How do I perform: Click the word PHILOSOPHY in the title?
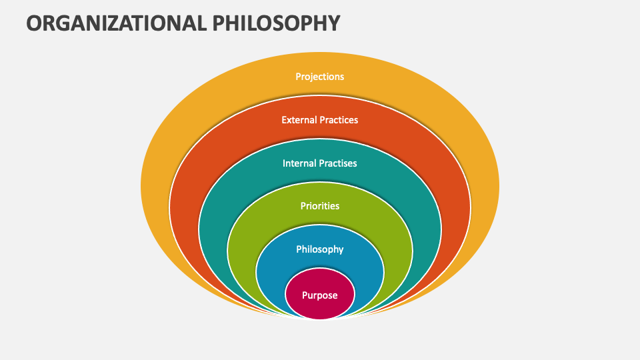point(279,23)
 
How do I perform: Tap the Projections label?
point(320,77)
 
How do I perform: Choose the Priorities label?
point(320,206)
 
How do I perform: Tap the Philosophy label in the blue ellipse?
point(320,249)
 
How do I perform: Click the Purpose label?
point(320,295)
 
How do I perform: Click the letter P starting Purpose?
point(305,295)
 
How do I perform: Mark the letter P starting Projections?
point(298,77)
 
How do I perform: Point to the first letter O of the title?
point(35,23)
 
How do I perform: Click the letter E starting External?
point(284,120)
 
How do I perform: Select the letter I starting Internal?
point(284,163)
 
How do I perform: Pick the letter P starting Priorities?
point(303,206)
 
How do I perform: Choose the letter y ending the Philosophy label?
point(341,251)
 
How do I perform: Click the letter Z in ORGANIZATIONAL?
point(113,23)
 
